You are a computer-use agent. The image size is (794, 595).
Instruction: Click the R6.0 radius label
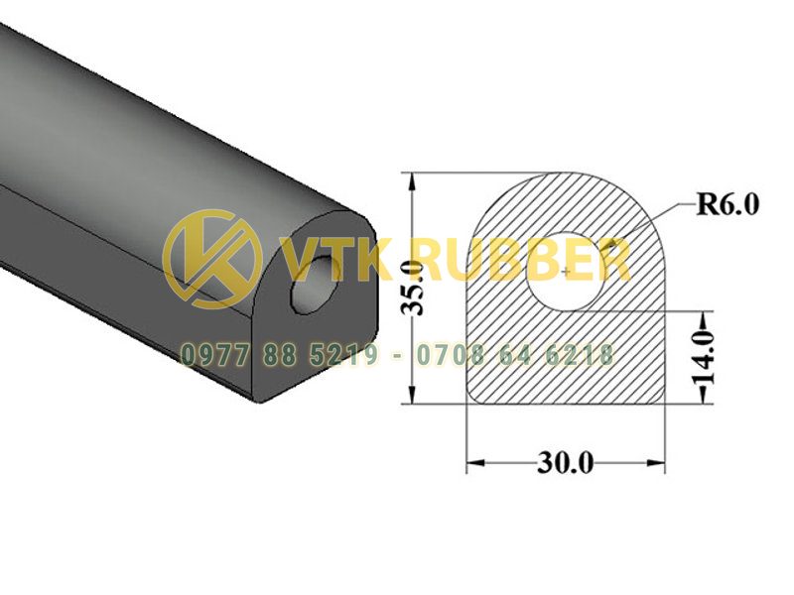[x=728, y=205]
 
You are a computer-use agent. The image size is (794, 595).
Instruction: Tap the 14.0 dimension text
[x=703, y=358]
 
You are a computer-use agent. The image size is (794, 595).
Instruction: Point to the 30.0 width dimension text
[x=565, y=462]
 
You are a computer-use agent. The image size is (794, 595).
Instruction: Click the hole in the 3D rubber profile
[x=315, y=285]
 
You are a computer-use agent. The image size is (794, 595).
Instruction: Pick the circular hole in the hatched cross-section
[x=566, y=272]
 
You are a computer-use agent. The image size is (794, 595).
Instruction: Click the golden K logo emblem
[x=213, y=259]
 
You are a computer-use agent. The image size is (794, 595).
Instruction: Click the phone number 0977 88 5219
[x=281, y=355]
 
